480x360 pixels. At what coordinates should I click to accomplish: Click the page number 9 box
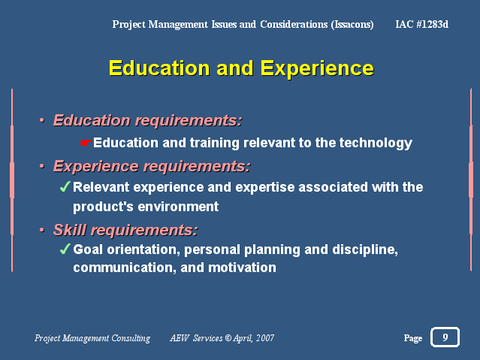tap(445, 337)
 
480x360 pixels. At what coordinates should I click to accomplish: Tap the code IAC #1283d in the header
tap(422, 24)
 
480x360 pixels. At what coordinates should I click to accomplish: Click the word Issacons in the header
tap(352, 25)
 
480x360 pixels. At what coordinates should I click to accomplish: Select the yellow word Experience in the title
tap(317, 68)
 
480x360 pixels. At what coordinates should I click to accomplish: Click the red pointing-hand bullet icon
tap(85, 143)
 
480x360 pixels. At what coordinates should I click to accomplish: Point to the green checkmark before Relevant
tap(65, 186)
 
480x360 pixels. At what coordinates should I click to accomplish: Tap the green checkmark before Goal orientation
tap(65, 249)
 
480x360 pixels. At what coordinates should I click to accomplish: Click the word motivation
tap(242, 268)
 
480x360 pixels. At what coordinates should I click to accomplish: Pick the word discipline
tap(365, 250)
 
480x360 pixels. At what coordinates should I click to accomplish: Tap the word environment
tap(178, 207)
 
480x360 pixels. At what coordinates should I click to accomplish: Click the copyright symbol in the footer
tap(228, 338)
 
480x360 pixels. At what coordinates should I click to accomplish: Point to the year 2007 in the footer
tap(265, 338)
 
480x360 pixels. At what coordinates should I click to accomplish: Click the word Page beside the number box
tap(412, 338)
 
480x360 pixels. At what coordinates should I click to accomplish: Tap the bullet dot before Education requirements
tap(42, 120)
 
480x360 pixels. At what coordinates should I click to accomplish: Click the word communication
tap(125, 268)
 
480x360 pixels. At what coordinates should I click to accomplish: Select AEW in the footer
tap(180, 338)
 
